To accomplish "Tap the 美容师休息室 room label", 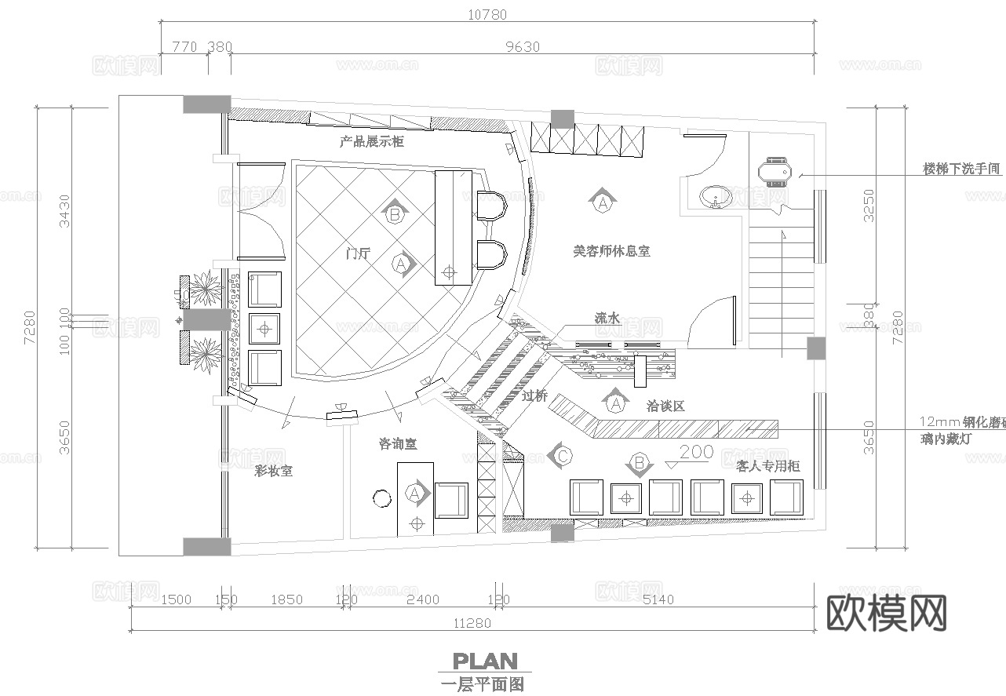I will [611, 251].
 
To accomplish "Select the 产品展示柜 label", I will [371, 142].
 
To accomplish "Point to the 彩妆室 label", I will [273, 471].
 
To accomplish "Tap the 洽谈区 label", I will [665, 406].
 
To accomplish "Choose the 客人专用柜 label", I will [768, 466].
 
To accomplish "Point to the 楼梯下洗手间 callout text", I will [961, 169].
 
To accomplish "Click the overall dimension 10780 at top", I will [487, 14].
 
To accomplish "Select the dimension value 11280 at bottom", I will [472, 623].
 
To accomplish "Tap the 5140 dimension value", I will [654, 600].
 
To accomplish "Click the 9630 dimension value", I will [522, 46].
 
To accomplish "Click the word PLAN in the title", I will [484, 661].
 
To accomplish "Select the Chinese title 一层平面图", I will [483, 684].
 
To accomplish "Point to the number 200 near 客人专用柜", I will [696, 452].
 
